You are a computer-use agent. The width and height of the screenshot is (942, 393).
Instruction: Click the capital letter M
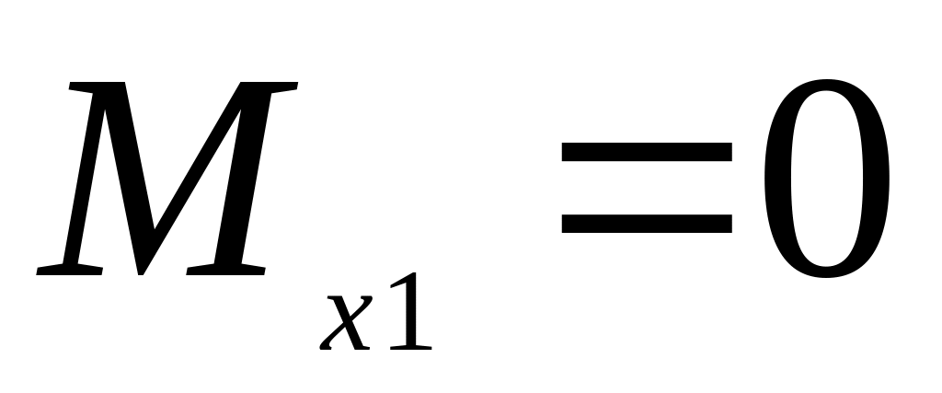click(166, 179)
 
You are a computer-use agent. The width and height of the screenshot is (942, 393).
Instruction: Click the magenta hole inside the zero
click(824, 179)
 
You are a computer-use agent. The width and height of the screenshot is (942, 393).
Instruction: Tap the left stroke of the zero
click(775, 179)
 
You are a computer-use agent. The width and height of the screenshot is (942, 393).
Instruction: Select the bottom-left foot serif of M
click(69, 271)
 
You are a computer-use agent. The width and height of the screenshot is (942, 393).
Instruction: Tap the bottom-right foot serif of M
click(225, 271)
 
